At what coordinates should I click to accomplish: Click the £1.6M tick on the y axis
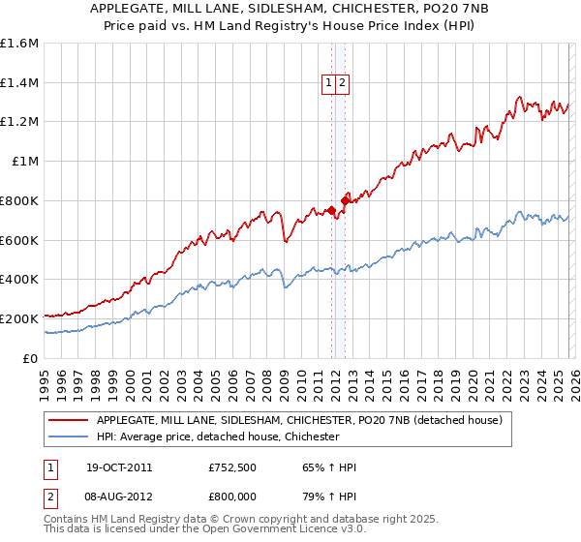tap(19, 44)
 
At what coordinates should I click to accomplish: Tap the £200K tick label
tap(19, 318)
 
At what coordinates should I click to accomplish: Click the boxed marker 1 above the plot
tap(329, 84)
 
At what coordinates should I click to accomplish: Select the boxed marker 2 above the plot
tap(343, 84)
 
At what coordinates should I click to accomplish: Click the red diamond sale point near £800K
tap(345, 200)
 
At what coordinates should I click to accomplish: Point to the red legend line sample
tap(67, 421)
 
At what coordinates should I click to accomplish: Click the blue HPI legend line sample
tap(67, 437)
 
